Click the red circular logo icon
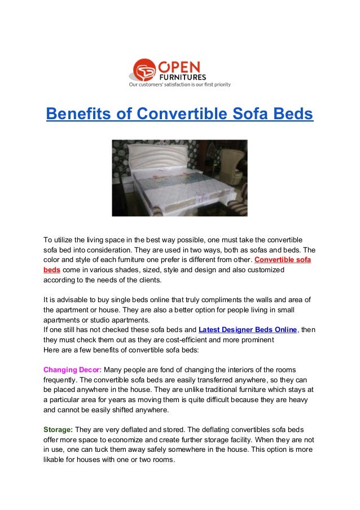tap(142, 71)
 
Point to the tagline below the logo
tap(179, 85)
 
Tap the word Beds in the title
tap(288, 114)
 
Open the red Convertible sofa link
tap(283, 260)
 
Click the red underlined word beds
tap(52, 270)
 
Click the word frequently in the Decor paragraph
tap(62, 380)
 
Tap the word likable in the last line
tap(56, 461)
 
